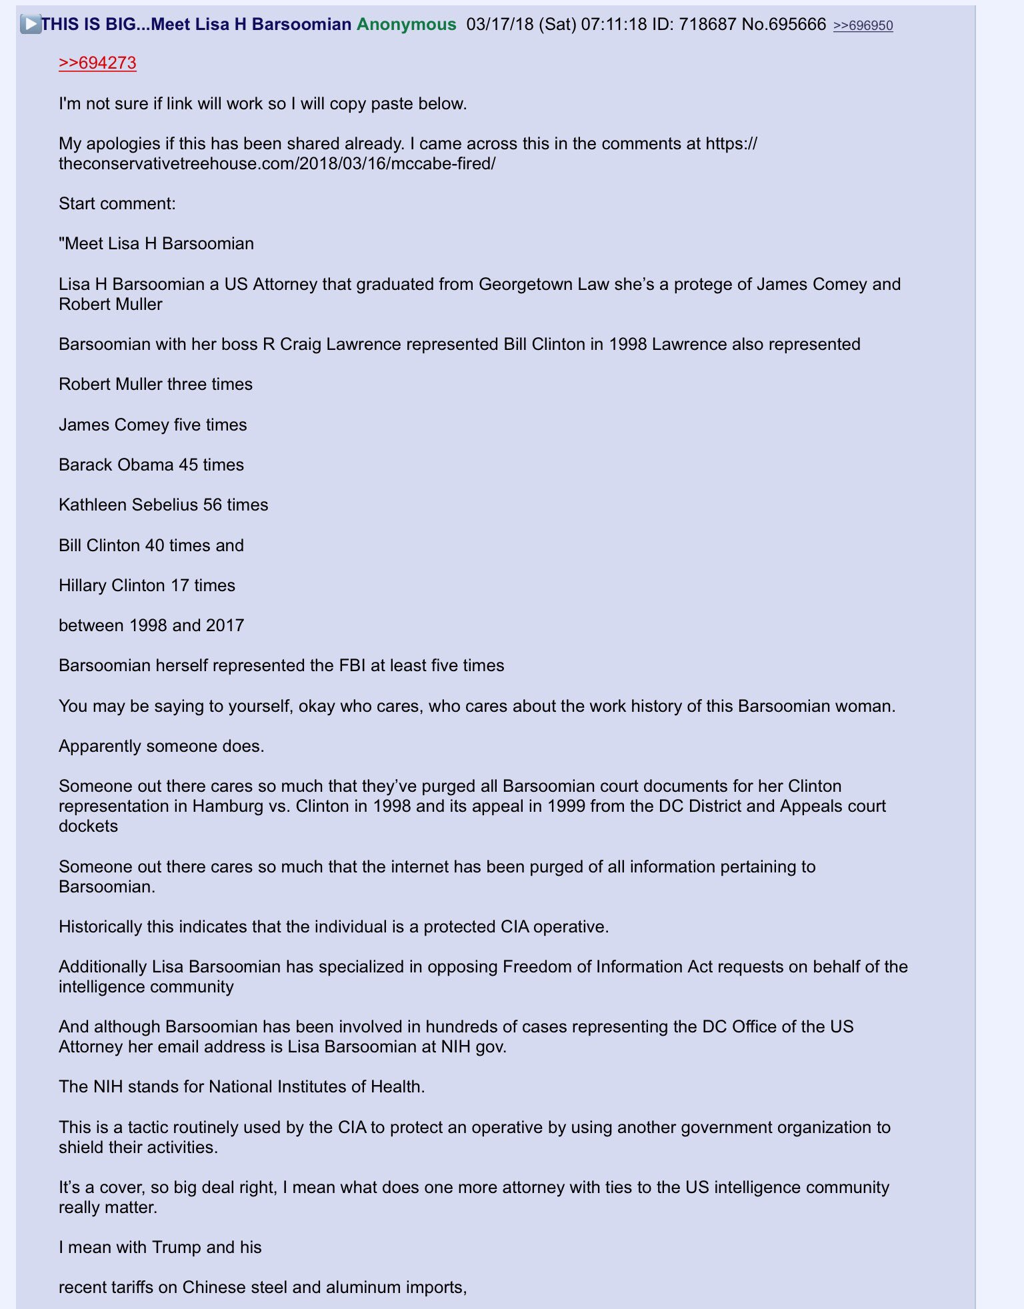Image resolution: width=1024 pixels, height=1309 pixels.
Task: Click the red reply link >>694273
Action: click(97, 63)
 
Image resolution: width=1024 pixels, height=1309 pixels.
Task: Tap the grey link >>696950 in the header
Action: click(863, 25)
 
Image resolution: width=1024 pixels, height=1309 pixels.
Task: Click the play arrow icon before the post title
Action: click(30, 25)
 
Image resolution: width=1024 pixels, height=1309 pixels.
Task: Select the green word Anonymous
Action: click(406, 25)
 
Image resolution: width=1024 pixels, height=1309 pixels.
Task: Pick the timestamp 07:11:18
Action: click(613, 25)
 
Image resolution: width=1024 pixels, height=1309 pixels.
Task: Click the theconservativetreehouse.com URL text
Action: click(277, 163)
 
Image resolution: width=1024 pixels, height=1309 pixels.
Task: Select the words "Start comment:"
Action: click(117, 203)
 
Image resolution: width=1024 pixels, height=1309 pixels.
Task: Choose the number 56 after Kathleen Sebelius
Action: click(212, 505)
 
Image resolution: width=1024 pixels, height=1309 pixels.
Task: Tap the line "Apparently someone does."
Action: click(161, 746)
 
